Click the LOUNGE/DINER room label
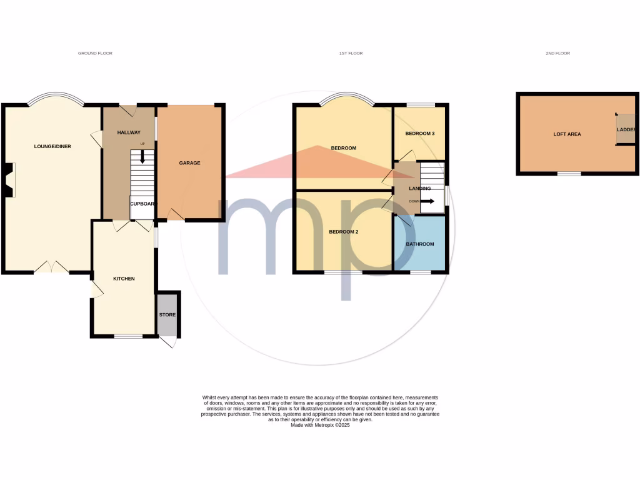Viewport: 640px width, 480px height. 52,146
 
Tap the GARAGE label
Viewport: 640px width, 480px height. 190,163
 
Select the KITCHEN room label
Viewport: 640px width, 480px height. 124,278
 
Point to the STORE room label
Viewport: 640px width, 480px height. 167,314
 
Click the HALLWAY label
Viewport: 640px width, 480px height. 129,132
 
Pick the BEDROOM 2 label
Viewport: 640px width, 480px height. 344,232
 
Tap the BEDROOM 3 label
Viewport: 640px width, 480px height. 419,134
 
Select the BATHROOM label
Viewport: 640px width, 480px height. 420,244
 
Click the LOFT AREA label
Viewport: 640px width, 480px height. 567,134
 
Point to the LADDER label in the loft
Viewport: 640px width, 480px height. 626,130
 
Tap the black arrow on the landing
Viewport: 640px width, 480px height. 429,201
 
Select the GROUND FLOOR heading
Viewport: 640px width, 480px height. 95,54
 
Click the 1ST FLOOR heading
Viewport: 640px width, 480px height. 351,54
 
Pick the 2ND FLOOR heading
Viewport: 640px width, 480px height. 557,54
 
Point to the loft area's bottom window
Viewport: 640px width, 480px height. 569,174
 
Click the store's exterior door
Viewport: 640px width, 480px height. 168,342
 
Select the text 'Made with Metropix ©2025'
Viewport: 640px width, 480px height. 320,425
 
